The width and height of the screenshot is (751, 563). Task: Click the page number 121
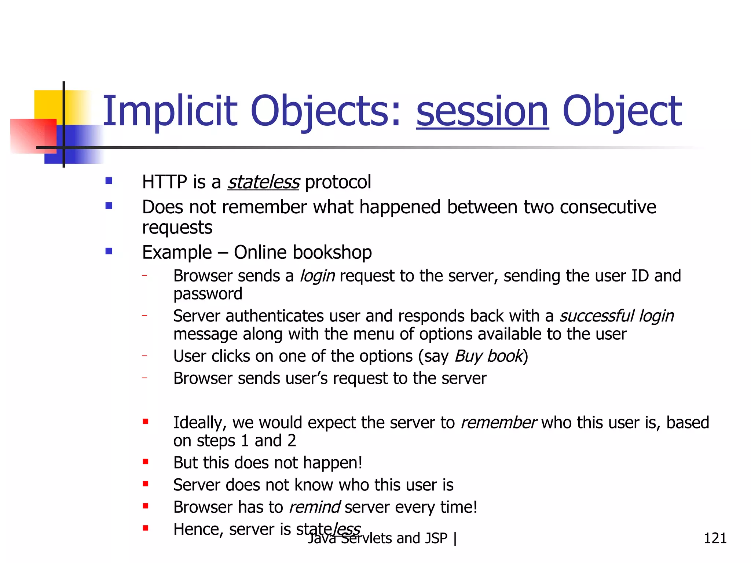pos(715,538)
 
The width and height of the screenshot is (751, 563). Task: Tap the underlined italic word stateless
pos(263,182)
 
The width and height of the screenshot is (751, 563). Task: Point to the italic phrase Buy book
pos(488,356)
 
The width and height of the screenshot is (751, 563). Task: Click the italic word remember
pos(498,423)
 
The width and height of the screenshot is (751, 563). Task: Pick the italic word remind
pos(315,507)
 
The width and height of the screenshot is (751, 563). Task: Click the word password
pos(208,294)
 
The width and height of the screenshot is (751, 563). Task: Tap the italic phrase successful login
pos(616,316)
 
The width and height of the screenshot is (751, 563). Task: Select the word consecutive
pos(608,207)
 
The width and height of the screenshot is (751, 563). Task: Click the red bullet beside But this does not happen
pos(146,462)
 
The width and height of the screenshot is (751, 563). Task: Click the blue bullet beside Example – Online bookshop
pos(109,251)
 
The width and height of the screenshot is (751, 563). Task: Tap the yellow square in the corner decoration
pos(48,104)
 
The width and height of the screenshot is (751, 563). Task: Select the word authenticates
pos(275,316)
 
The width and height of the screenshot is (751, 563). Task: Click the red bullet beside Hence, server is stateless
pos(146,528)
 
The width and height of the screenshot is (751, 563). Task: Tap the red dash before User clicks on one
pos(145,356)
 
